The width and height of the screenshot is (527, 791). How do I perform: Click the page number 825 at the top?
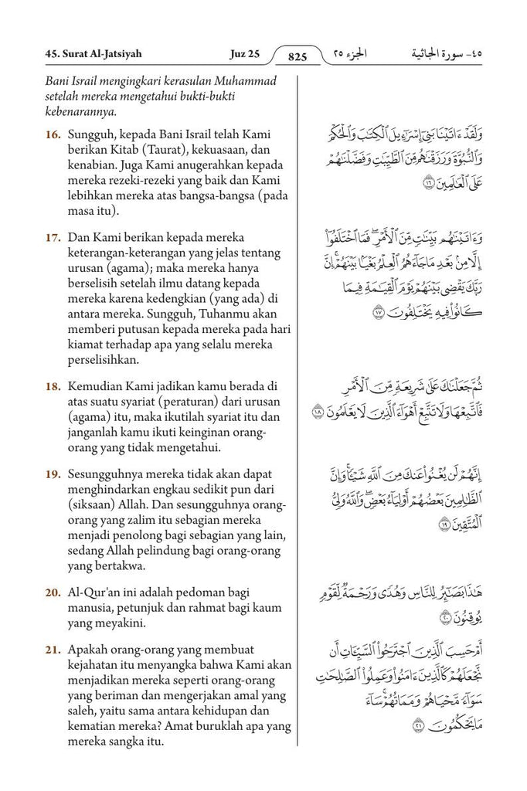click(x=297, y=56)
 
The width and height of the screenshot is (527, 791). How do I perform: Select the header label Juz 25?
click(x=245, y=54)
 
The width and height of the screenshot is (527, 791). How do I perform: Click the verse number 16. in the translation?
click(x=53, y=134)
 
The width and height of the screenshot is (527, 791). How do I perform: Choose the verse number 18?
click(x=53, y=385)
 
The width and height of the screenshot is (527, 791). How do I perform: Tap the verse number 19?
click(x=53, y=473)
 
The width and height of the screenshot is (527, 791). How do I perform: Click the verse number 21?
click(x=53, y=650)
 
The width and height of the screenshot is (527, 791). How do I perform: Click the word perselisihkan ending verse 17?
click(x=105, y=359)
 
